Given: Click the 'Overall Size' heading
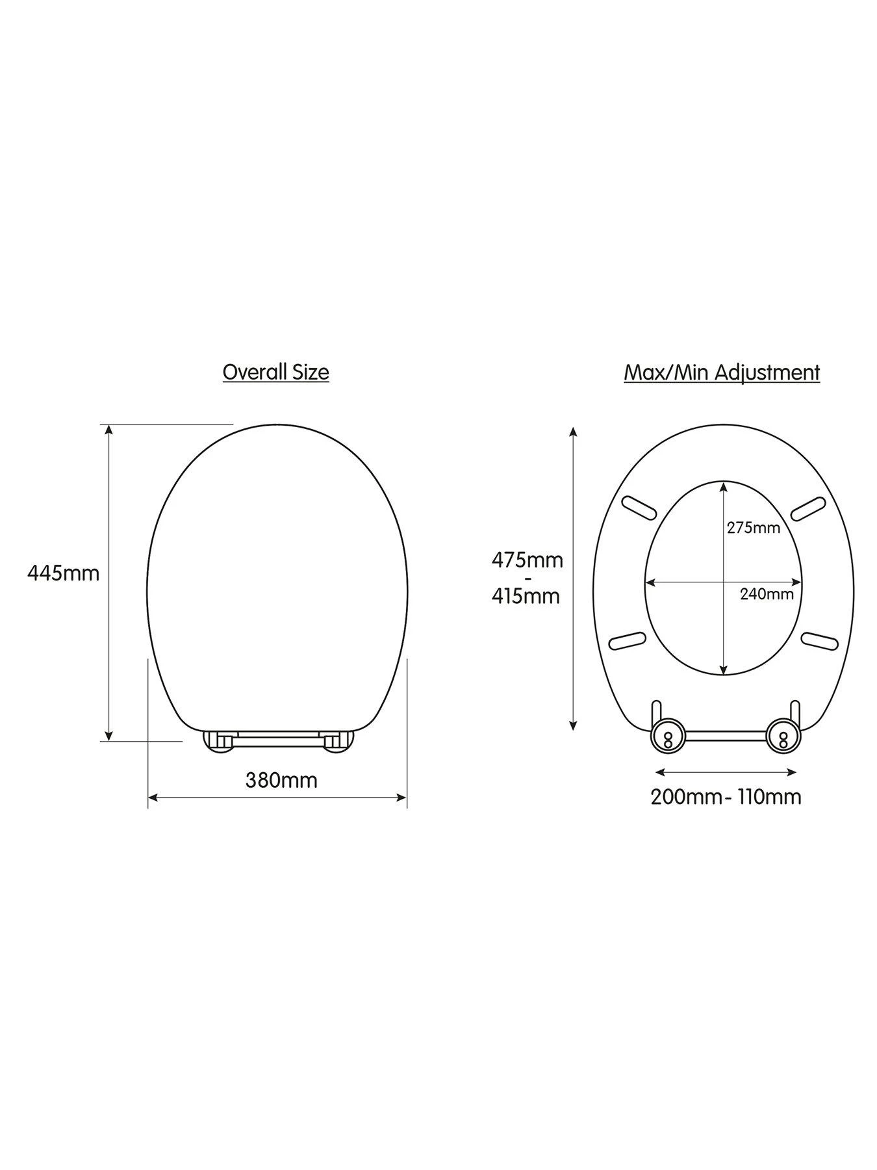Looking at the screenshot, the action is pyautogui.click(x=275, y=372).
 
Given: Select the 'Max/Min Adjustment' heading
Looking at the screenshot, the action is pyautogui.click(x=722, y=373).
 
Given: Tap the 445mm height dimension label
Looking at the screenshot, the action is pyautogui.click(x=64, y=573).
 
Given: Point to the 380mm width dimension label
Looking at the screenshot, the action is pyautogui.click(x=281, y=780).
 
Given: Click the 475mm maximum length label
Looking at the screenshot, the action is pyautogui.click(x=527, y=560).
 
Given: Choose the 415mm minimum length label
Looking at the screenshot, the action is pyautogui.click(x=526, y=595).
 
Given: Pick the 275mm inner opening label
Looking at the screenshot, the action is pyautogui.click(x=753, y=528).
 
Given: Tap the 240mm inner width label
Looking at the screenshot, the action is pyautogui.click(x=767, y=593).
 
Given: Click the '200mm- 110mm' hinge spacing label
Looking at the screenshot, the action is pyautogui.click(x=726, y=797).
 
